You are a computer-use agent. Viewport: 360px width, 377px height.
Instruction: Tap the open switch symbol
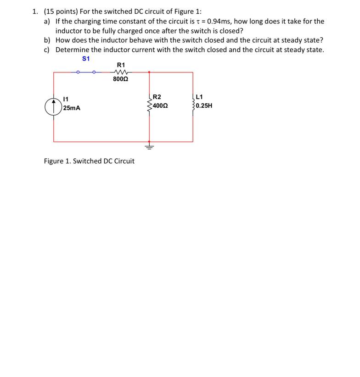point(86,72)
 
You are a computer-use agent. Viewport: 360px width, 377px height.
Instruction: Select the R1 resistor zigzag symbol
point(121,72)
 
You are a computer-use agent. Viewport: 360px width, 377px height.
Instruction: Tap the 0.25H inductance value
point(204,105)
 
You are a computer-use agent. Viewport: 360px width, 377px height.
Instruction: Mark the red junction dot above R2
point(149,72)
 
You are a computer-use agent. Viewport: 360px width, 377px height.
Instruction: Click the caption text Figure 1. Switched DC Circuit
point(89,161)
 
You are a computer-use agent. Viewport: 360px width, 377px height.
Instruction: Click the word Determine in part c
point(73,50)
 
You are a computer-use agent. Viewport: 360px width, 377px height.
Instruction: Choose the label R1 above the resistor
point(121,64)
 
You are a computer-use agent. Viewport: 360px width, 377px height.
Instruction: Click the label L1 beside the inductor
point(199,97)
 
